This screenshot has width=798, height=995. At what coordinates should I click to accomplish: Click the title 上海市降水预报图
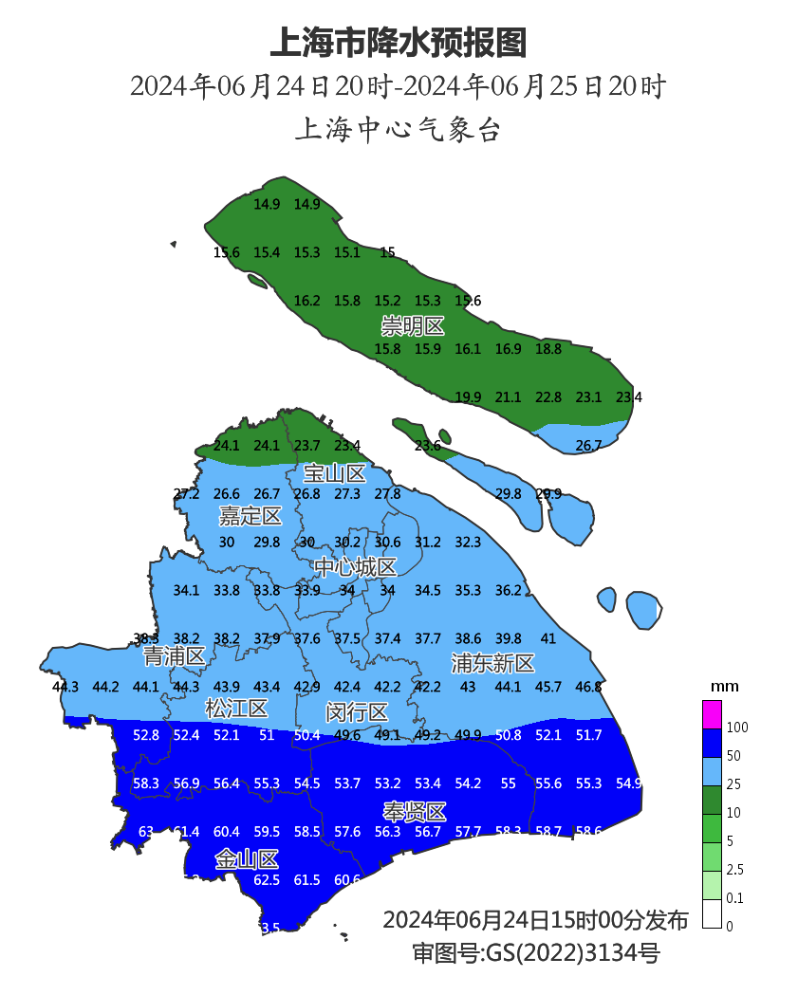click(399, 43)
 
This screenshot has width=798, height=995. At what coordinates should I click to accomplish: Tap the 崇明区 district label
click(413, 327)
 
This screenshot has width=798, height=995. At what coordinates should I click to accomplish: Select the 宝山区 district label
click(335, 473)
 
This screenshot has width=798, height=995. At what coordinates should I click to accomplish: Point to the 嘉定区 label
click(251, 516)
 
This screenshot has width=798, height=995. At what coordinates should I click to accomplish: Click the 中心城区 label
click(356, 567)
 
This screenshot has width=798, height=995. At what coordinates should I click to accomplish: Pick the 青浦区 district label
click(175, 656)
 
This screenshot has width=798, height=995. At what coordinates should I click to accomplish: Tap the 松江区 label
click(236, 709)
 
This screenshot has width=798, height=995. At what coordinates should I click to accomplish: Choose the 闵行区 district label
click(357, 712)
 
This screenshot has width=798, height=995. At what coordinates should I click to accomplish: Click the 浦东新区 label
click(492, 662)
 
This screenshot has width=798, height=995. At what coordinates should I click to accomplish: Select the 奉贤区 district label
click(415, 812)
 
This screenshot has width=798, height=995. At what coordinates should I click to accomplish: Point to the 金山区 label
click(247, 860)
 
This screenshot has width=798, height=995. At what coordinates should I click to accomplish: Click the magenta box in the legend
click(712, 713)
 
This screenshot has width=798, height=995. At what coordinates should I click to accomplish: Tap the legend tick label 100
click(737, 728)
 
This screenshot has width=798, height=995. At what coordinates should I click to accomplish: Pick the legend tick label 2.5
click(734, 870)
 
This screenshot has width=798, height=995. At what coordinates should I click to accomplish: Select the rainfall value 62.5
click(268, 880)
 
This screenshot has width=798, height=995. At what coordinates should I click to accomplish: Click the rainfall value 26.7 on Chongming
click(588, 445)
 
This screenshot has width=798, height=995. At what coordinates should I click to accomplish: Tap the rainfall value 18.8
click(548, 349)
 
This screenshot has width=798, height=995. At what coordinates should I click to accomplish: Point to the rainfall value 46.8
click(588, 687)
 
